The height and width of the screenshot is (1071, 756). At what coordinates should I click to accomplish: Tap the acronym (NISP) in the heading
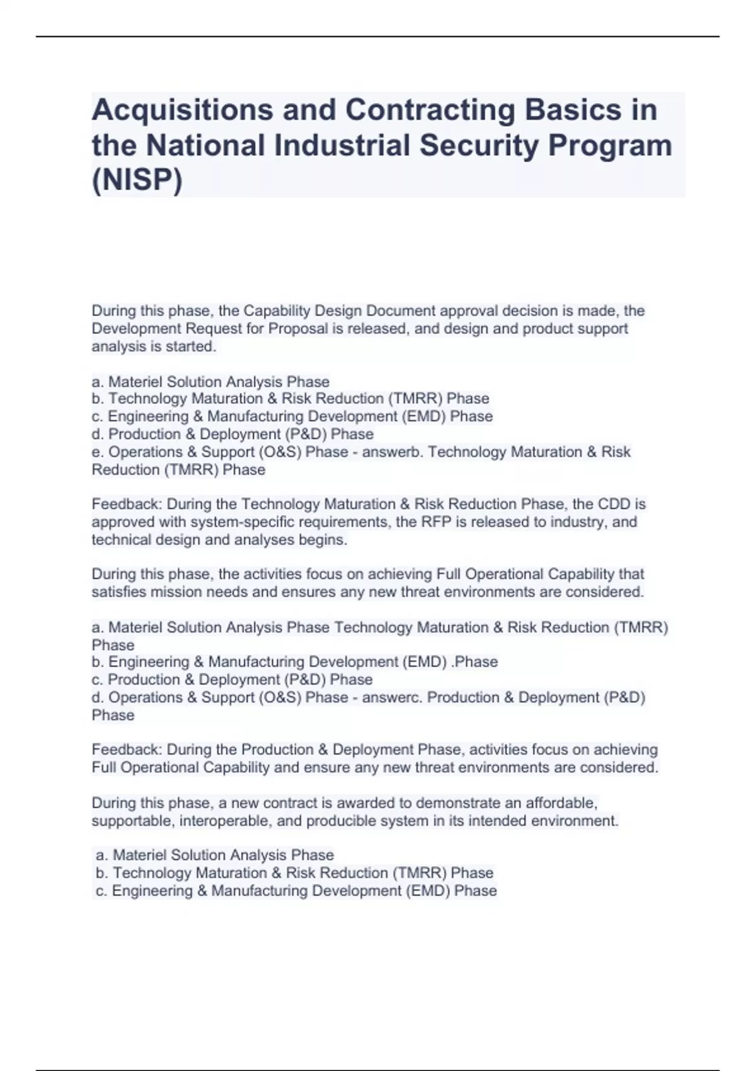point(137,180)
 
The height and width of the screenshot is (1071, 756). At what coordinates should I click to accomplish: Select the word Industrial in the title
point(342,146)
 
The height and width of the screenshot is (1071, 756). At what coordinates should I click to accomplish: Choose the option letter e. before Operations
point(98,452)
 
